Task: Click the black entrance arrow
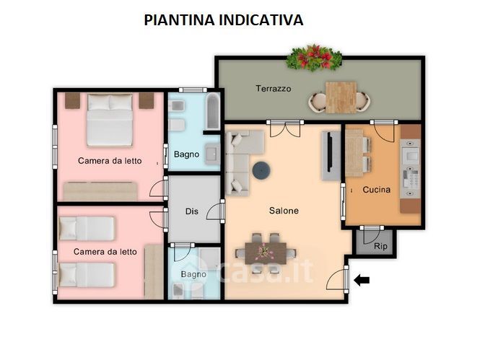tap(362, 280)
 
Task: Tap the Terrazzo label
tap(274, 89)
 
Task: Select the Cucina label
tap(377, 190)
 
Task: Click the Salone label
tap(284, 211)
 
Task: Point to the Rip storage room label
tap(380, 247)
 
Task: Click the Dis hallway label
tap(192, 211)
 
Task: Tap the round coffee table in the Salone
tap(261, 170)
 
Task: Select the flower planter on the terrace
tap(314, 58)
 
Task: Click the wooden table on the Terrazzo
tap(341, 97)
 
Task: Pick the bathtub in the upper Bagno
tap(213, 111)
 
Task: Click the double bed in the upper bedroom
tap(110, 120)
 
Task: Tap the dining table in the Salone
tap(266, 253)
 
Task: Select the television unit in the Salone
tap(331, 156)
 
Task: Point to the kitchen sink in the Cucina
tap(410, 154)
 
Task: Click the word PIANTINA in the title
tap(180, 20)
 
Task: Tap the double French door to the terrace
tap(285, 129)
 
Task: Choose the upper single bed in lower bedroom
tap(87, 229)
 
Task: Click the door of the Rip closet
tap(372, 236)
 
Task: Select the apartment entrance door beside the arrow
tap(338, 279)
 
